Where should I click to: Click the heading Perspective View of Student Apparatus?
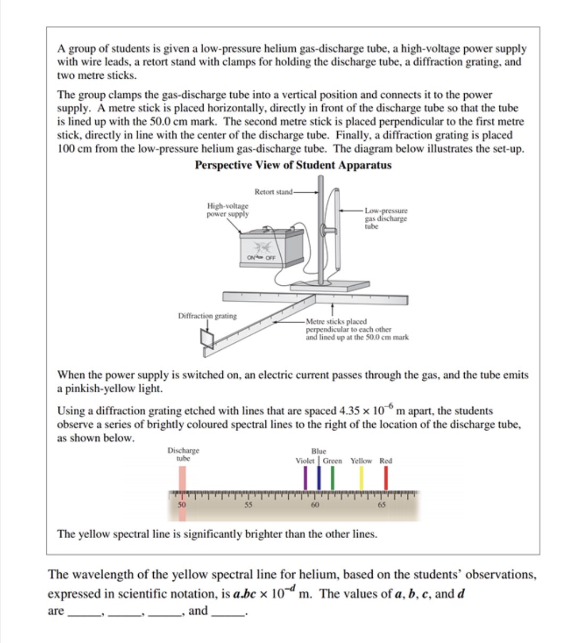pyautogui.click(x=293, y=165)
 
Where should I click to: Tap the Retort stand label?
pyautogui.click(x=273, y=192)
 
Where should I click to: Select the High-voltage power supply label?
pyautogui.click(x=227, y=210)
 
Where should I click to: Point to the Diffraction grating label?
pyautogui.click(x=207, y=316)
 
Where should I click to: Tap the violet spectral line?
pyautogui.click(x=305, y=479)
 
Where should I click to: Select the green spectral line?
pyautogui.click(x=332, y=479)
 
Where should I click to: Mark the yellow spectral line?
pyautogui.click(x=362, y=479)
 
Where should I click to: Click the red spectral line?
pyautogui.click(x=386, y=479)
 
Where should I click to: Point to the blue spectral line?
pyautogui.click(x=319, y=479)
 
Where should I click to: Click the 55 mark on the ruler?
pyautogui.click(x=248, y=505)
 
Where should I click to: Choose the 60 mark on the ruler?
pyautogui.click(x=315, y=505)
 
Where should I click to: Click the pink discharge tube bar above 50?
pyautogui.click(x=182, y=479)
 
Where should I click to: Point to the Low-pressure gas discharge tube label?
pyautogui.click(x=386, y=218)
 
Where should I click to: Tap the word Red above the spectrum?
pyautogui.click(x=386, y=461)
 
